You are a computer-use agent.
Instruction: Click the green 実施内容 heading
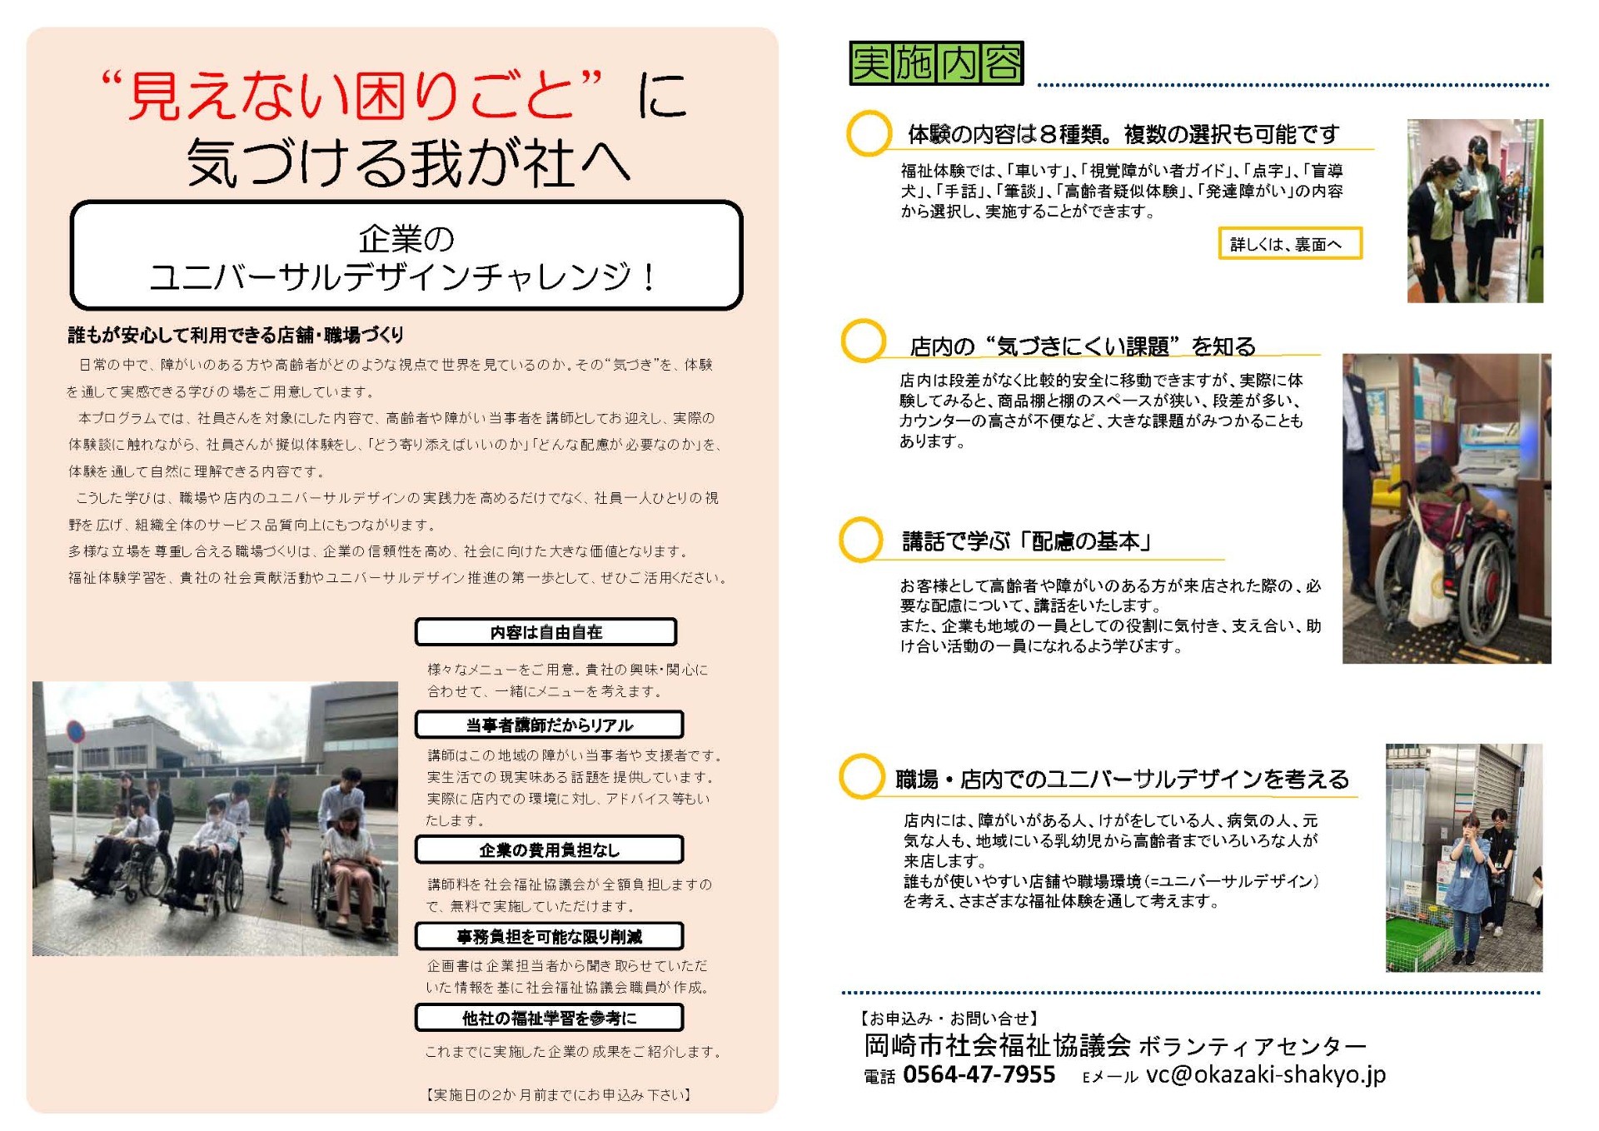[x=936, y=63]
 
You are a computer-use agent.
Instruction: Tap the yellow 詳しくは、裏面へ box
[x=1289, y=244]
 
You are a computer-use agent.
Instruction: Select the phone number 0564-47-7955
[x=979, y=1074]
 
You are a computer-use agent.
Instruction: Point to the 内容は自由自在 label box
[x=545, y=632]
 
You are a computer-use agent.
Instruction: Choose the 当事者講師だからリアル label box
[x=549, y=725]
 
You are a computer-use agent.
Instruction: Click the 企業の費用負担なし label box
[x=549, y=849]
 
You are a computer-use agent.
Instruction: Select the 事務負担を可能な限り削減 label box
[x=549, y=936]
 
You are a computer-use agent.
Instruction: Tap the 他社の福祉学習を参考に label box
[x=549, y=1018]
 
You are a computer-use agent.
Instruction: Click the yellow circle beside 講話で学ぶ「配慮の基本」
[x=860, y=540]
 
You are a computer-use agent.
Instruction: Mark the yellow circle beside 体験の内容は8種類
[x=869, y=133]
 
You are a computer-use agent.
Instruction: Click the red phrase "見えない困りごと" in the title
[x=350, y=94]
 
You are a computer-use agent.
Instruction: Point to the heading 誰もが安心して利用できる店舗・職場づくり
[x=236, y=335]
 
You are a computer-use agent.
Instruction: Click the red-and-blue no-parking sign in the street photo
[x=76, y=732]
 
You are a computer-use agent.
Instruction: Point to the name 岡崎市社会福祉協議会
[x=997, y=1044]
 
